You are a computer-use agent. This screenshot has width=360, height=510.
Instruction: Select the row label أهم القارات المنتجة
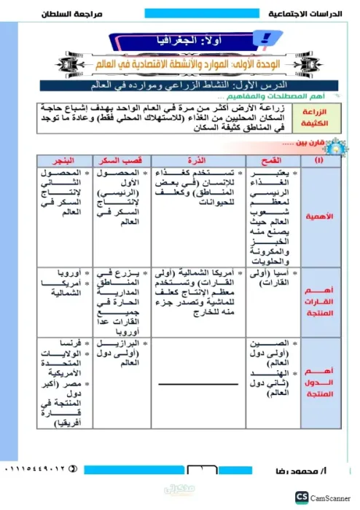click(x=320, y=294)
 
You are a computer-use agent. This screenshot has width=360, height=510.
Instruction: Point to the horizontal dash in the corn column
click(x=192, y=384)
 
